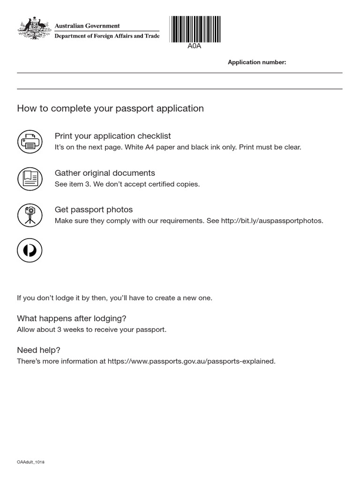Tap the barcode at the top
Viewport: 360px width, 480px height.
point(195,29)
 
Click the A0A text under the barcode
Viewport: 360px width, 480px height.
point(194,46)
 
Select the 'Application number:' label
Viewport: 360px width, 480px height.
point(256,62)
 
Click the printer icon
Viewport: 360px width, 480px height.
point(30,141)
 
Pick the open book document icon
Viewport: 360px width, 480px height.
point(30,178)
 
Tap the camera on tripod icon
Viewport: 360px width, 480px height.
point(30,215)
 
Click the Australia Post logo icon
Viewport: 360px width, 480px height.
point(30,250)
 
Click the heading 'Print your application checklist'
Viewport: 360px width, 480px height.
point(112,136)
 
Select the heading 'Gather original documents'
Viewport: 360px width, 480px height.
point(105,173)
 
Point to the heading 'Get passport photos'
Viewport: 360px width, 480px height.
point(94,210)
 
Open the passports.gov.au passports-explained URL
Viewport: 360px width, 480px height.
point(191,361)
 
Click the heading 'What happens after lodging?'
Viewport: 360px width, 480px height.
point(72,318)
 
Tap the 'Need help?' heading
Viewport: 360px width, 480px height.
point(38,350)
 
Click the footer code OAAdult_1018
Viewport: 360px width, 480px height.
point(30,462)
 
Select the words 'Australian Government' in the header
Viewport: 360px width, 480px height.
point(87,26)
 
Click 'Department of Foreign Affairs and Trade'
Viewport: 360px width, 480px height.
point(107,36)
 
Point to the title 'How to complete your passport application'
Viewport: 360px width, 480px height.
point(110,109)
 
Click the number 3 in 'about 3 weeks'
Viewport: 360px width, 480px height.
point(60,330)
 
